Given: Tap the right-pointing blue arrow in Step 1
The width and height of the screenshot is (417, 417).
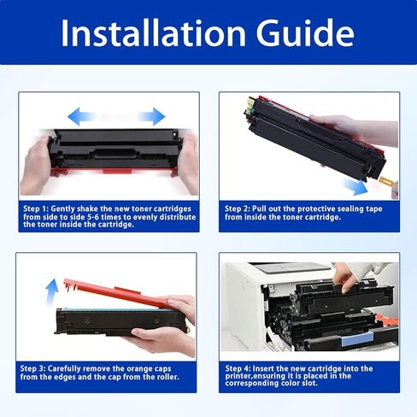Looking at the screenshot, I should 150,115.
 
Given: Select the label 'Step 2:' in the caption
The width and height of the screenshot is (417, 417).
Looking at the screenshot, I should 241,208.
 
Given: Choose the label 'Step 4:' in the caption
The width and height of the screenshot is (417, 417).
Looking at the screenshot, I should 241,368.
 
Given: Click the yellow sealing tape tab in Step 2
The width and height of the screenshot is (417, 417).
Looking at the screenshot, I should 386,181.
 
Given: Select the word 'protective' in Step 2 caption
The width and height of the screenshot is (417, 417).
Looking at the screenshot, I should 309,208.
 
